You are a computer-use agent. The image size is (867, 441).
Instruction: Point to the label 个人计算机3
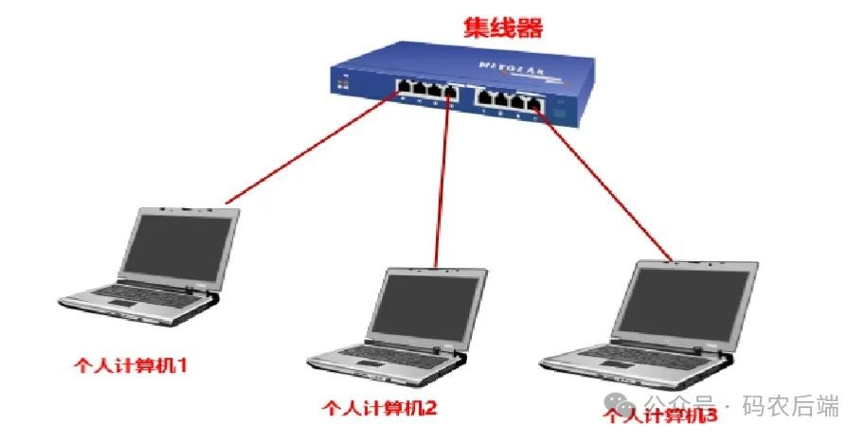pyautogui.click(x=661, y=414)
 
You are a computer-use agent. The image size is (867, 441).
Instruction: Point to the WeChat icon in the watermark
pyautogui.click(x=627, y=407)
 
